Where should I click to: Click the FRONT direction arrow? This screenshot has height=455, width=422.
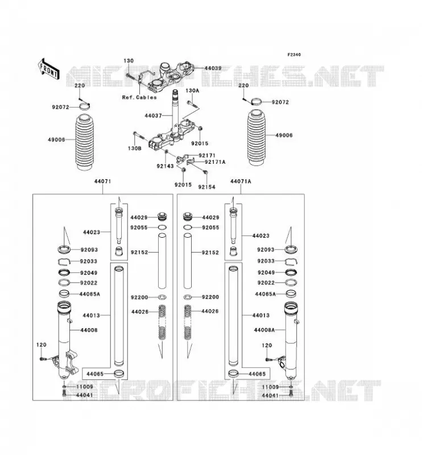49,69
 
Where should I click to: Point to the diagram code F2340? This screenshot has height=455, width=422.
294,55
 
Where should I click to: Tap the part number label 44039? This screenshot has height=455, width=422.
213,68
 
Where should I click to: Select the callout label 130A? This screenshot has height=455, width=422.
192,90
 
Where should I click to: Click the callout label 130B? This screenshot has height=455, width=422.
135,148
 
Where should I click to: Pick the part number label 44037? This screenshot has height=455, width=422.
153,116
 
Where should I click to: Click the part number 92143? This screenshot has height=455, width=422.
165,166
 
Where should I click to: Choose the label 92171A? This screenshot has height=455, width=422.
215,162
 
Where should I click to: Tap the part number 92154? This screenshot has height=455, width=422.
206,187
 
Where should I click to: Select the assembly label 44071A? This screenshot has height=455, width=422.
241,181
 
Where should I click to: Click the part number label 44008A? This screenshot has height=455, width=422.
264,330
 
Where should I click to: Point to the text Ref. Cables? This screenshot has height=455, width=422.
139,97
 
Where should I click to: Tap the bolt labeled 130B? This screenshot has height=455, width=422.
139,135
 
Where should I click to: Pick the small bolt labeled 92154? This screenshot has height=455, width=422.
205,172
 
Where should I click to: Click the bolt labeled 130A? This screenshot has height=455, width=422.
193,105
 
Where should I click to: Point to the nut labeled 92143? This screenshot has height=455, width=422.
166,152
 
